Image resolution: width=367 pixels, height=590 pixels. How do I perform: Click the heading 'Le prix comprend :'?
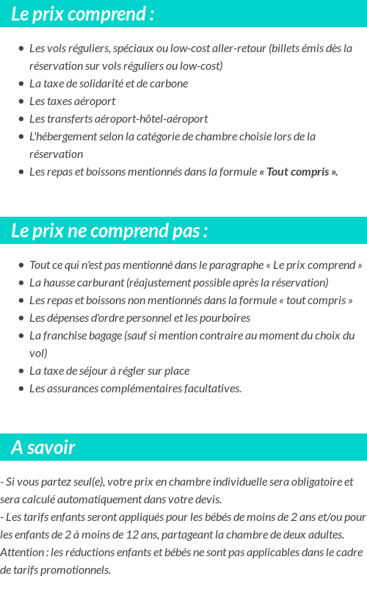tap(83, 14)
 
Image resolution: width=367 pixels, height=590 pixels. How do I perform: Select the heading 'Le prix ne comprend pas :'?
tap(109, 231)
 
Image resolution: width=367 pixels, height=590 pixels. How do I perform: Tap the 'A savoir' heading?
tap(43, 447)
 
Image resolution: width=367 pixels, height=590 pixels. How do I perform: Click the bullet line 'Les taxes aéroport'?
tap(72, 101)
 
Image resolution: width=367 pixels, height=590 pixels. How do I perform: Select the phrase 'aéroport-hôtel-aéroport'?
tap(156, 119)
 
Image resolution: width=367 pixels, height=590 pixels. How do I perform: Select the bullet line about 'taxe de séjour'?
tap(109, 371)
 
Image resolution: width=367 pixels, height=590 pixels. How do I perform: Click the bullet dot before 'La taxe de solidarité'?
tap(21, 84)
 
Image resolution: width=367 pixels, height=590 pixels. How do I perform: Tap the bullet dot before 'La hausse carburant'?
tap(21, 283)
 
